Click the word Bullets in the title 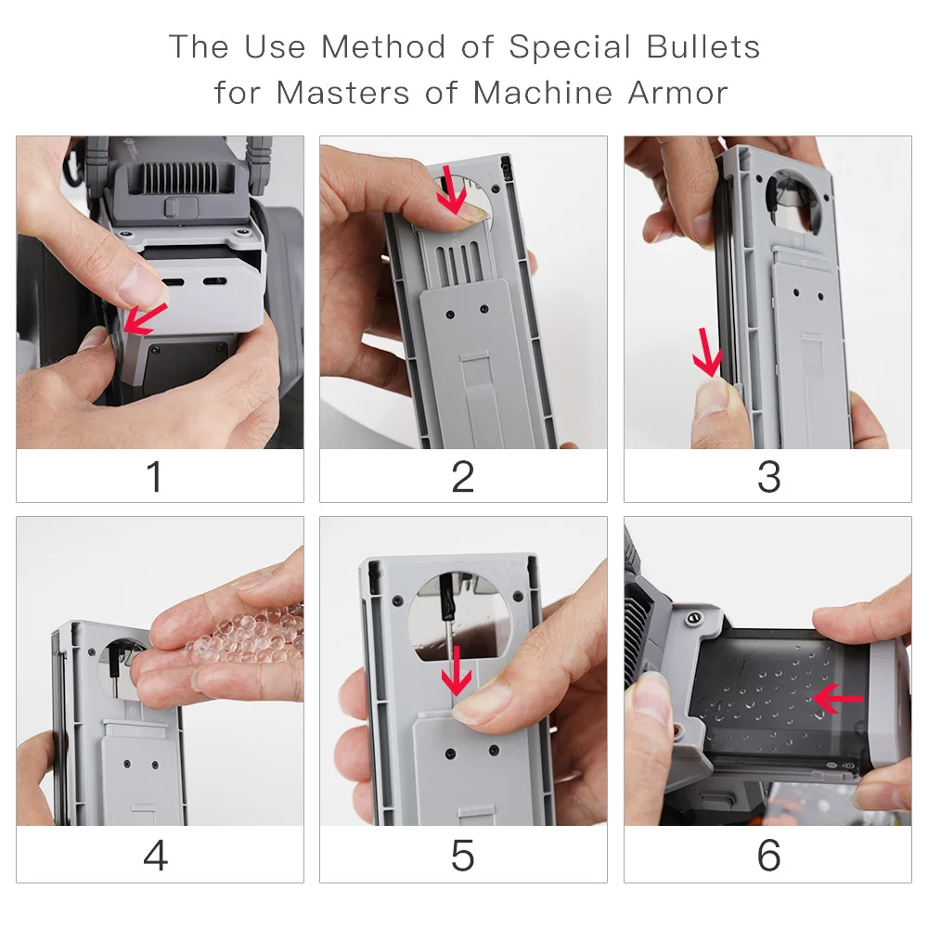coord(702,46)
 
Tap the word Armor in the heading coord(677,92)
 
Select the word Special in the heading coord(570,47)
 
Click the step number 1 coord(154,476)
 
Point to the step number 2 coord(463,476)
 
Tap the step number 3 coord(768,476)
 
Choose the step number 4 coord(156,856)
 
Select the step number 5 coord(462,856)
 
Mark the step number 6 coord(768,856)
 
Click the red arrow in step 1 coord(145,318)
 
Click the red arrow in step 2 coord(452,189)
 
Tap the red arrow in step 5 coord(457,671)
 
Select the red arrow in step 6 coord(837,699)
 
